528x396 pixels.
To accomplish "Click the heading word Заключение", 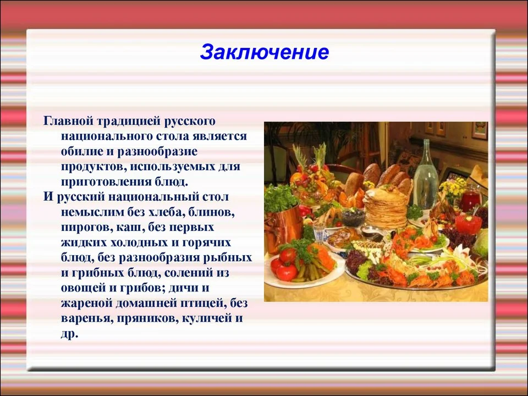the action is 265,52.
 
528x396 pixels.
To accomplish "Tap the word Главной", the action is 68,121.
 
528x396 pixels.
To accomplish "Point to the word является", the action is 220,136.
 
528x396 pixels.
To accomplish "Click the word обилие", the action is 82,151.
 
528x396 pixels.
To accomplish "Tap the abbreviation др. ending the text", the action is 69,334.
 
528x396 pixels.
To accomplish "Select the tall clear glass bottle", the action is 426,175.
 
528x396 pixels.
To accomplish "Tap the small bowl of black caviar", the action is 353,217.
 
